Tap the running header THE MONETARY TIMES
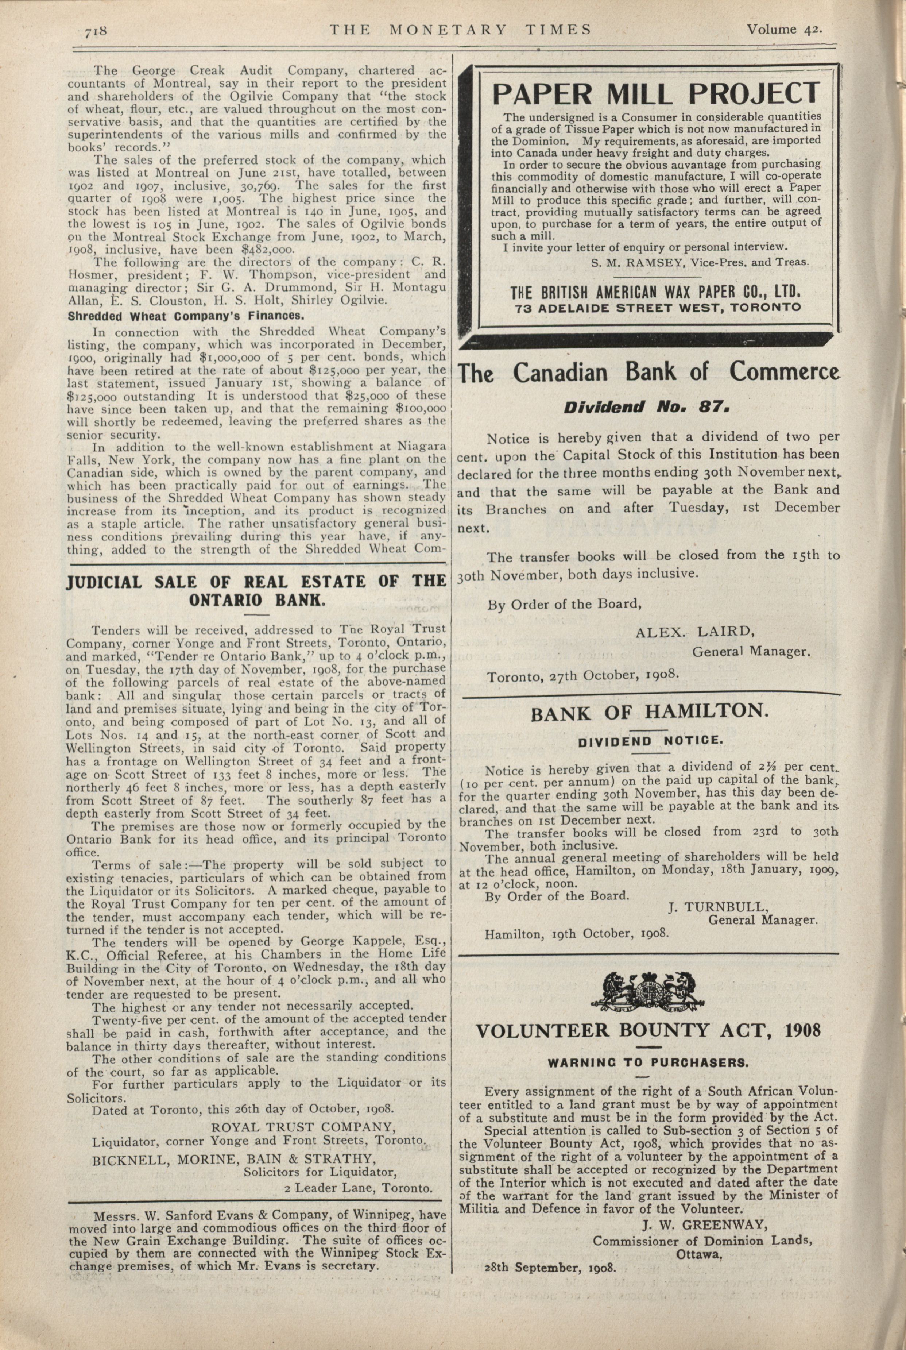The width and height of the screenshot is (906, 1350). tap(461, 30)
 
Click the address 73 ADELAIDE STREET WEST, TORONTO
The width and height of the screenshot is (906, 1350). tap(658, 308)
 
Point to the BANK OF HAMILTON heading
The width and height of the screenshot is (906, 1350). tap(650, 712)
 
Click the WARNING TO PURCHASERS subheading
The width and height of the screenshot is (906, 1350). tap(648, 1062)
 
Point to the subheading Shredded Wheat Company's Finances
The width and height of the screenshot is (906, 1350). tap(186, 317)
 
